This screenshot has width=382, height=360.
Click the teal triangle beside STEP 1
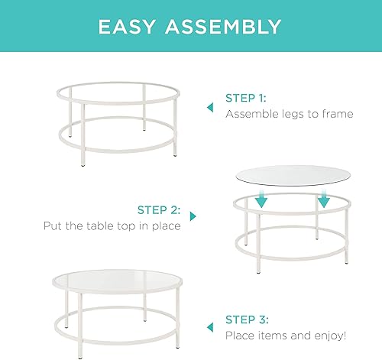pos(209,108)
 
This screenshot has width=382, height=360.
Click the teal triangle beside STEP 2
pos(192,217)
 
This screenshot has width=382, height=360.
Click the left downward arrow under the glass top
pos(261,199)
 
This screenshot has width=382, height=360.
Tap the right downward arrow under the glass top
pos(323,199)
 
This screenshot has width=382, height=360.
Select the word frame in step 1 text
pos(336,115)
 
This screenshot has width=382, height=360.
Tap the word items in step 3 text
pos(273,336)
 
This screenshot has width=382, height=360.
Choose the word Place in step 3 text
pos(239,336)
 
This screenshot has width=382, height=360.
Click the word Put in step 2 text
pos(53,226)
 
